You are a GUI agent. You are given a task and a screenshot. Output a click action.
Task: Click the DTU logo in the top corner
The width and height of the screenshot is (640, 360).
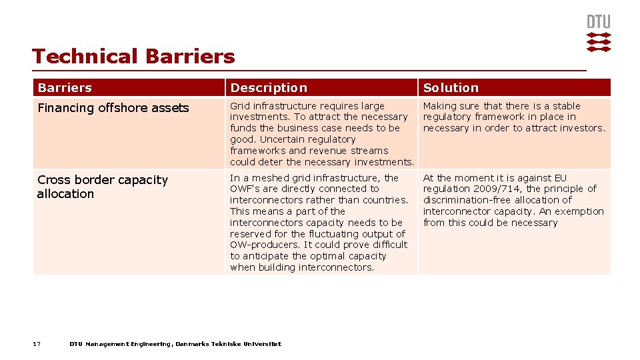pyautogui.click(x=598, y=33)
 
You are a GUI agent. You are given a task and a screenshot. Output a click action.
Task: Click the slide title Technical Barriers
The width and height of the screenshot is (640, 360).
pyautogui.click(x=133, y=57)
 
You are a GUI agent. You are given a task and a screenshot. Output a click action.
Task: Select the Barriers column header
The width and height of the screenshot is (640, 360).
pyautogui.click(x=65, y=88)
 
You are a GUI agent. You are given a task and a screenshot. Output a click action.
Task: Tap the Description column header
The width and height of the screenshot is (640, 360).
pyautogui.click(x=269, y=88)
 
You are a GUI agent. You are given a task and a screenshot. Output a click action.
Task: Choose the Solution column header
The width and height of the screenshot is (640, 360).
pyautogui.click(x=451, y=88)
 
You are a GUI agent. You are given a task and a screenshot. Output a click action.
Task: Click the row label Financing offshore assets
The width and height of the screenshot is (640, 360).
pyautogui.click(x=113, y=108)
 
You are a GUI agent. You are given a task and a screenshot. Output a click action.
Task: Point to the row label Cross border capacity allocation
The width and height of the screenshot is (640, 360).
pyautogui.click(x=103, y=187)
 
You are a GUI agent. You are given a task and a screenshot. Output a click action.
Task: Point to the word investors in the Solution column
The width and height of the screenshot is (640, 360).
pyautogui.click(x=581, y=128)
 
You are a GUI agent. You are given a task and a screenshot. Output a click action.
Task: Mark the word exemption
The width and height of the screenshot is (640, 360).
pyautogui.click(x=579, y=211)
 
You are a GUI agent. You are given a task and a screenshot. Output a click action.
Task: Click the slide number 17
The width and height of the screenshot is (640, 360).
pyautogui.click(x=37, y=344)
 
